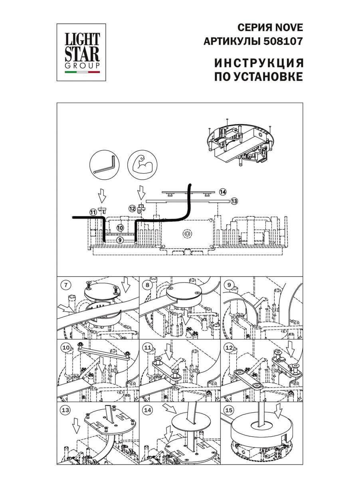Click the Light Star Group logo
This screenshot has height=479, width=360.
(x=81, y=52)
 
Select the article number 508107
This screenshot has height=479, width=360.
(x=283, y=41)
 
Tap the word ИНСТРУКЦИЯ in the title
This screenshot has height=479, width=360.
(x=259, y=63)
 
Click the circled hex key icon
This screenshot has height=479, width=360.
(x=105, y=165)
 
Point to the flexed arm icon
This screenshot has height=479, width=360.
(x=142, y=165)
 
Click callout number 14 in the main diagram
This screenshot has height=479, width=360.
(x=223, y=192)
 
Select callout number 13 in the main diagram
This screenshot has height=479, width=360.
(x=234, y=201)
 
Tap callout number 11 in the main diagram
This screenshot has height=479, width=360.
(x=93, y=212)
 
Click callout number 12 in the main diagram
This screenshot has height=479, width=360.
(x=132, y=209)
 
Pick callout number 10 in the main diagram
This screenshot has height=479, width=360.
(x=120, y=228)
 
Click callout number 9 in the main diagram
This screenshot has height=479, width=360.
(x=120, y=240)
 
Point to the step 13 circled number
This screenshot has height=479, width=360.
(x=65, y=410)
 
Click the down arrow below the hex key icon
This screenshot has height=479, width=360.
(x=102, y=195)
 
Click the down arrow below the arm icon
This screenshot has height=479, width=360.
(x=141, y=192)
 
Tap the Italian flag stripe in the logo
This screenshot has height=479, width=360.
(x=82, y=72)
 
